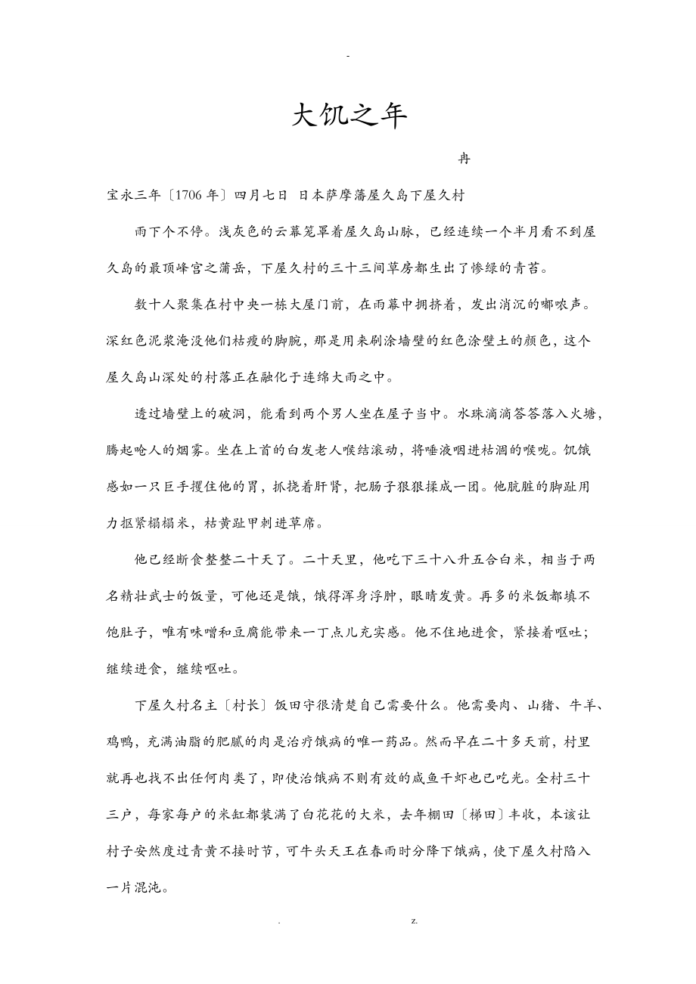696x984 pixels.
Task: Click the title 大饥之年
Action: click(x=350, y=116)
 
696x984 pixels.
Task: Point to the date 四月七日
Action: click(x=260, y=195)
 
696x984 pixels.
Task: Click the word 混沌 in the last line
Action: click(x=146, y=887)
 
